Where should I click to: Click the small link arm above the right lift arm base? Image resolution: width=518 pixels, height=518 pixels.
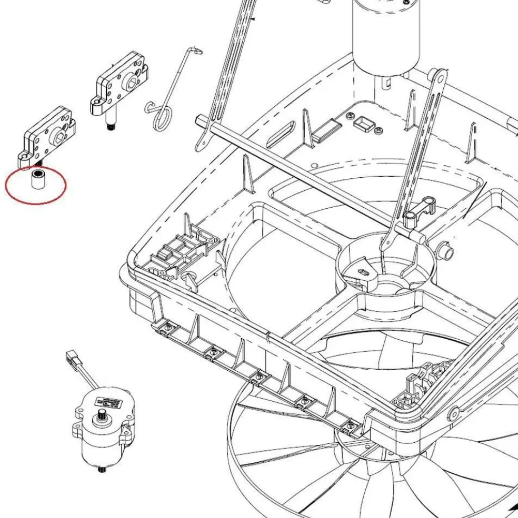pyautogui.click(x=421, y=209)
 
